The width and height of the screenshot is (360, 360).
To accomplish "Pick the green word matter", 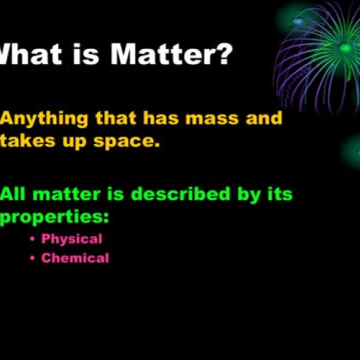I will click(x=68, y=194).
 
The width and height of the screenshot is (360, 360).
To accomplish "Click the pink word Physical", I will click(x=72, y=238).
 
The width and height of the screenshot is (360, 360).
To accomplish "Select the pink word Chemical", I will click(x=76, y=258).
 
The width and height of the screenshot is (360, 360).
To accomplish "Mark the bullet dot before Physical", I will click(x=33, y=239).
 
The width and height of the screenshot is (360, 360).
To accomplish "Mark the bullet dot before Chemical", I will click(x=33, y=258).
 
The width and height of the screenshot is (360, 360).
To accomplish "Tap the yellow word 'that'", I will click(x=122, y=118).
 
